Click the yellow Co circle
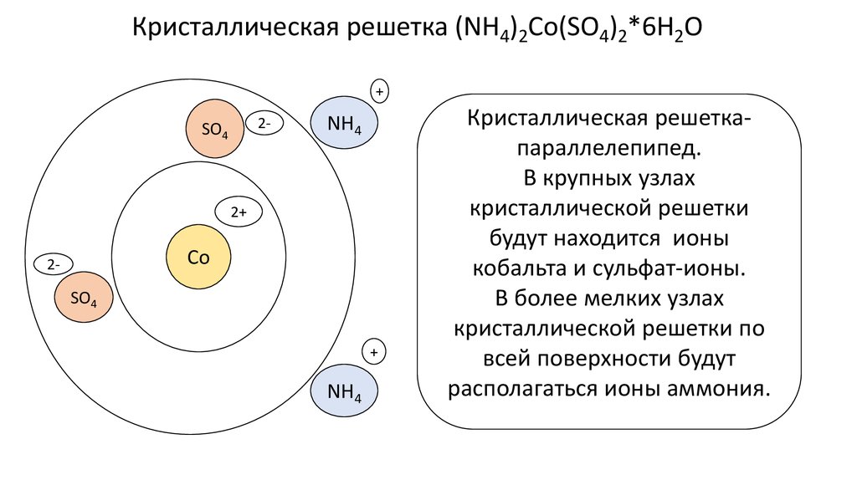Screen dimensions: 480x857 pyautogui.click(x=198, y=258)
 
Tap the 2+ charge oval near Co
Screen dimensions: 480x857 pyautogui.click(x=239, y=213)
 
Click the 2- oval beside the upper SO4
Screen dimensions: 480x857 pyautogui.click(x=264, y=123)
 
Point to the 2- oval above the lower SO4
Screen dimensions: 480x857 pyautogui.click(x=54, y=264)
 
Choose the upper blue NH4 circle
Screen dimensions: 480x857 pyautogui.click(x=344, y=124)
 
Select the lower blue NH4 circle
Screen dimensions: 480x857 pyautogui.click(x=344, y=390)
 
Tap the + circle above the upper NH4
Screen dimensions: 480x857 pyautogui.click(x=379, y=90)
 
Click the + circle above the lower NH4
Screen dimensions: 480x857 pyautogui.click(x=374, y=352)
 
